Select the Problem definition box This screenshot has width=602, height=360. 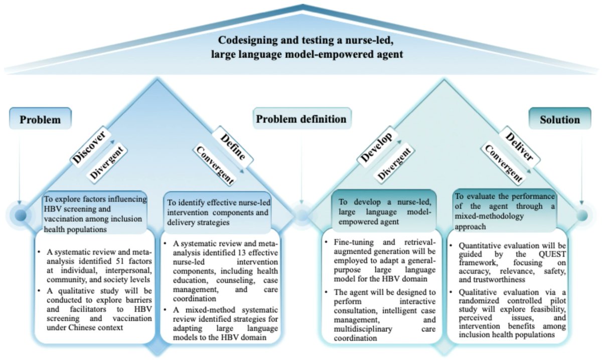coord(301,119)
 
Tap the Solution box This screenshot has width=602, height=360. coord(560,120)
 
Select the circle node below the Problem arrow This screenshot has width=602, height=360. coord(20,216)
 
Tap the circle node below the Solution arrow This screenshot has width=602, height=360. coord(581,216)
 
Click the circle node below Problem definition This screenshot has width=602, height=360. coord(301,216)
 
